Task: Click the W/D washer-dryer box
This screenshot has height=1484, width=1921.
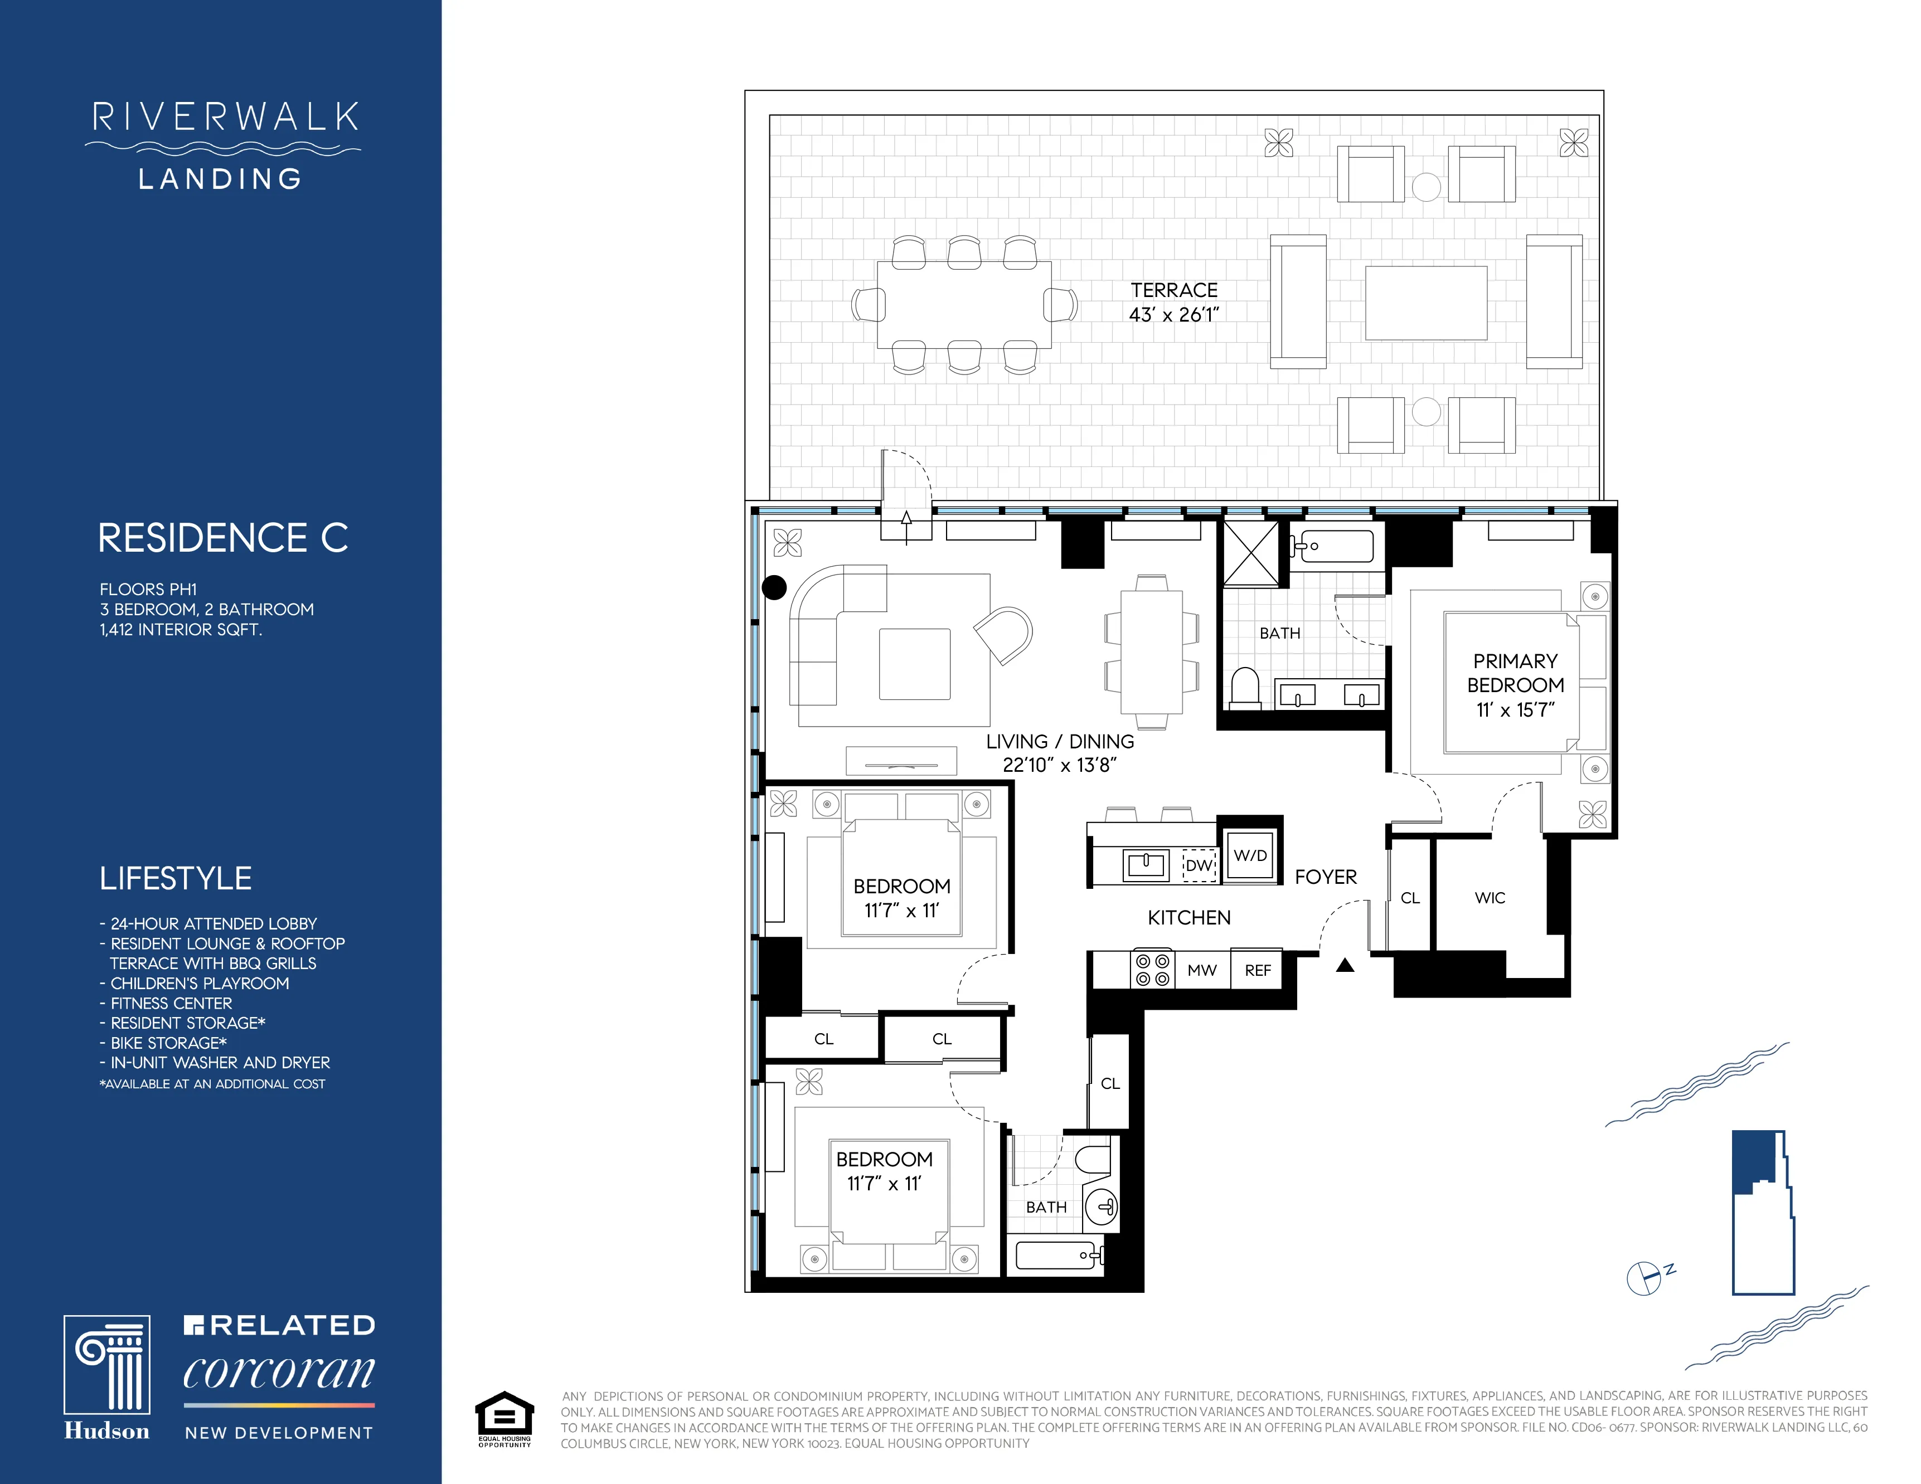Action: pos(1250,855)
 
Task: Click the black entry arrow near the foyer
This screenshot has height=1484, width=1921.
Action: pos(1345,965)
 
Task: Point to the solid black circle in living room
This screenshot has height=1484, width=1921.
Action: pos(774,587)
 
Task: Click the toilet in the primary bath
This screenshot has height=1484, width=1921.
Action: pos(1245,688)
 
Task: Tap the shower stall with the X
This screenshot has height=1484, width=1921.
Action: pos(1251,553)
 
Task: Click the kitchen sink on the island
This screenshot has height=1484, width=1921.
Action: pos(1146,865)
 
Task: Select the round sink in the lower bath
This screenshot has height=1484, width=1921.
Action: pos(1102,1206)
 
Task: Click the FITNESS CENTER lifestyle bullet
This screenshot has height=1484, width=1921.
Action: pos(171,1003)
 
